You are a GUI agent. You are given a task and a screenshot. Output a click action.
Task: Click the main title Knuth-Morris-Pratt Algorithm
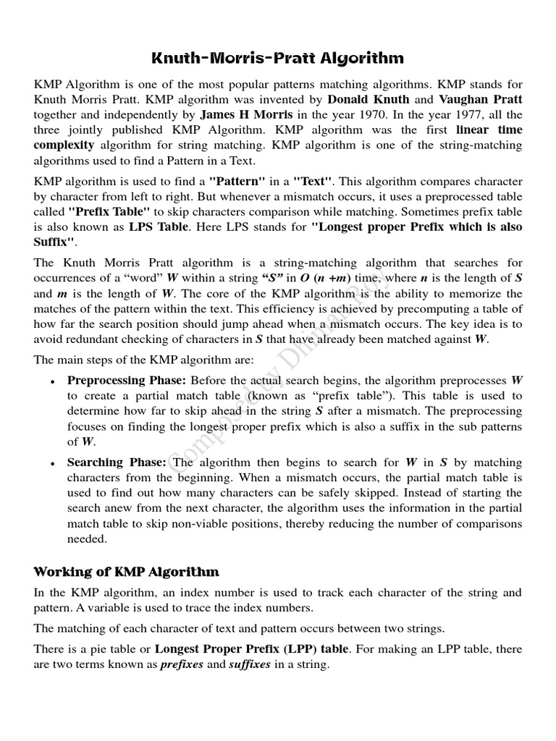(x=278, y=57)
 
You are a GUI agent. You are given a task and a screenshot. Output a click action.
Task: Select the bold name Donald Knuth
(x=368, y=99)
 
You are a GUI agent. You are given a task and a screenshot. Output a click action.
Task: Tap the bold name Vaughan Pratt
(x=479, y=99)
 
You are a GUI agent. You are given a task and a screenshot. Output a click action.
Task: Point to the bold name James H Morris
(x=246, y=114)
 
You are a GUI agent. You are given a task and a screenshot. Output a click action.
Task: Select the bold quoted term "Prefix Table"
(x=109, y=211)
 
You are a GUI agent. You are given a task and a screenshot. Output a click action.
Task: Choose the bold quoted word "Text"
(x=311, y=181)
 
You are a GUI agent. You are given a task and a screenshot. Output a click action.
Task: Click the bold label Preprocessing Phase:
(x=117, y=381)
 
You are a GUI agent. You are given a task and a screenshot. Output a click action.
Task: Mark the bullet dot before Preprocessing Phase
(x=53, y=381)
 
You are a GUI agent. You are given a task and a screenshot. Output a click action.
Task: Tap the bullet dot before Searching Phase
(x=53, y=463)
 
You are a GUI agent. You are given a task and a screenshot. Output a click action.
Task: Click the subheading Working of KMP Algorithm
(x=126, y=572)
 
